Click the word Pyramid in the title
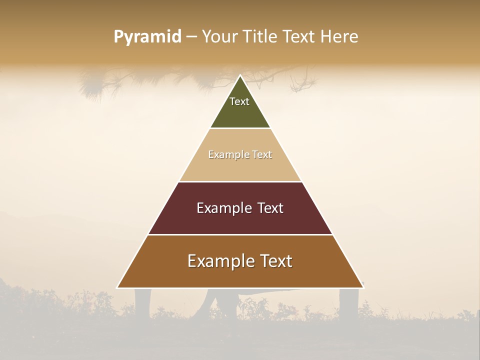point(147,37)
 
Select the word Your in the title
point(219,37)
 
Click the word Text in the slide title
point(299,37)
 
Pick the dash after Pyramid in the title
point(191,37)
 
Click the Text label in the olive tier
point(239,101)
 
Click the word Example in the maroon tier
point(222,208)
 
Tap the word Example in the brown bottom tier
point(219,261)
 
